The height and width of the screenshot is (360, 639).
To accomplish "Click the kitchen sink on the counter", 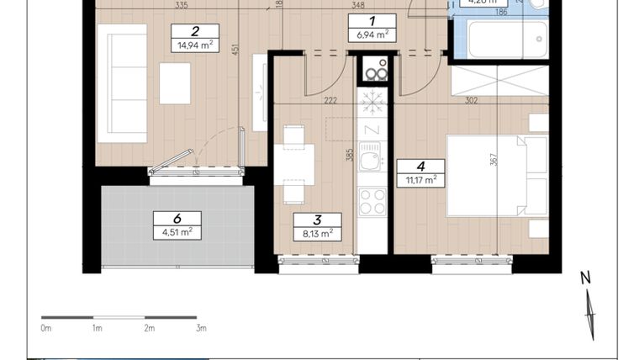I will (x=371, y=158).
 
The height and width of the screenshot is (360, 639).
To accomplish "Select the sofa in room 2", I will (x=122, y=82).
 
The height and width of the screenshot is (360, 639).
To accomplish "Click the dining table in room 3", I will (x=293, y=163).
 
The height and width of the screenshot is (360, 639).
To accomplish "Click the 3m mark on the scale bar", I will (x=201, y=328).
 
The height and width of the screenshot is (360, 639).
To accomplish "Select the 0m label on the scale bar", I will (x=46, y=328).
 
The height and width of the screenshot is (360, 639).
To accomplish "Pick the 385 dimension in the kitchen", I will (x=346, y=155).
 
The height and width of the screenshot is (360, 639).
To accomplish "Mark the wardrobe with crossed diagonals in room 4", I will (x=499, y=81).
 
